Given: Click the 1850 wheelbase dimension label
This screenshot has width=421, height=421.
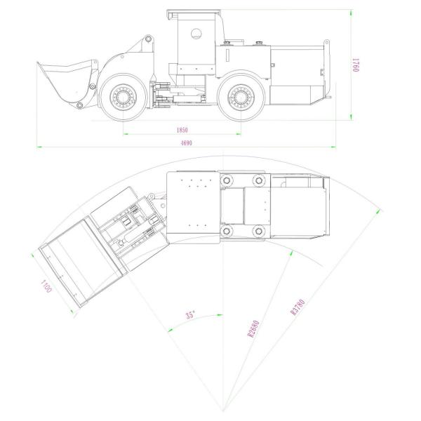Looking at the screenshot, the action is tap(182, 130).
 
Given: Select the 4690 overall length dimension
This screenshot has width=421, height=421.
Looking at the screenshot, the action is tap(187, 143).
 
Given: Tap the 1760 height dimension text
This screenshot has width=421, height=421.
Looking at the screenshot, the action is tap(356, 65).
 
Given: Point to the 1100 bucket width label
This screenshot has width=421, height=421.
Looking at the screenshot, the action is tap(46, 286).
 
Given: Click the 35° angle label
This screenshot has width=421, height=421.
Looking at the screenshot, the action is tap(190, 314).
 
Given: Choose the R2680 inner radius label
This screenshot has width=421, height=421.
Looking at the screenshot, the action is tap(253, 328).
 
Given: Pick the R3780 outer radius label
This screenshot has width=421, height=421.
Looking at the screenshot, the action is tap(298, 307).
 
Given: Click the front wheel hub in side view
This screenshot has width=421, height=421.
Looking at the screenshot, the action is tap(123, 97).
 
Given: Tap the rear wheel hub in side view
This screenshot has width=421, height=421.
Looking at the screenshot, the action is tap(241, 97).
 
